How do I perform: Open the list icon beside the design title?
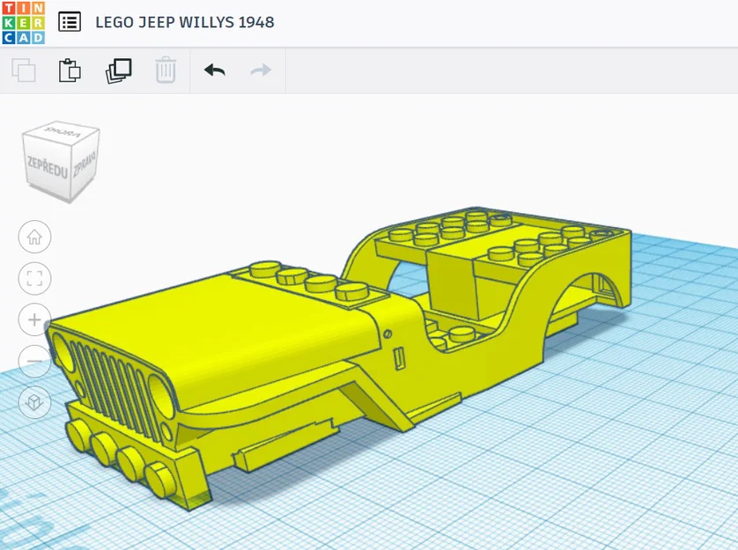point(70,22)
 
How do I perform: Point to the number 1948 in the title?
point(255,22)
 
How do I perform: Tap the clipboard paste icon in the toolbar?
point(70,70)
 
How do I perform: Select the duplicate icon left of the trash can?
point(118,70)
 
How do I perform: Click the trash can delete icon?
point(166,70)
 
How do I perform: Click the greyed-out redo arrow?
point(261,70)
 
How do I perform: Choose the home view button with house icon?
point(34,236)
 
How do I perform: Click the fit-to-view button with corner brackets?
point(34,279)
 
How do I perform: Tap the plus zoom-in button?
point(34,319)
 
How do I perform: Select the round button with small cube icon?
point(34,402)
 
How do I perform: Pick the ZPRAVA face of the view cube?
point(85,167)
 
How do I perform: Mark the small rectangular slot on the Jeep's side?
point(399,358)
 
